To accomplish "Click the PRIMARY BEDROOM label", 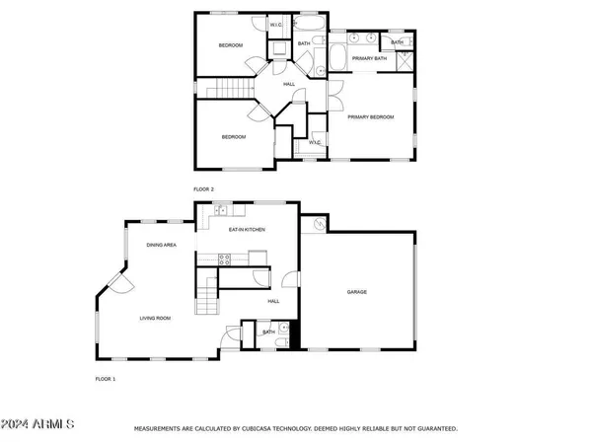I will coord(370,117).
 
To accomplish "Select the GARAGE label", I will coord(356,292).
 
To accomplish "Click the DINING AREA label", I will coord(161,244).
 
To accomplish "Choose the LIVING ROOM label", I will coord(155,318).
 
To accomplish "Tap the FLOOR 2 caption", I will coord(204,188).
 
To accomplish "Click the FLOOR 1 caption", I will coord(106,379).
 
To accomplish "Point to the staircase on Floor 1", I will coord(206,294).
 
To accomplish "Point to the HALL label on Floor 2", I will coord(289,84).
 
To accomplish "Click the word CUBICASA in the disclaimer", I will coord(260,429).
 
